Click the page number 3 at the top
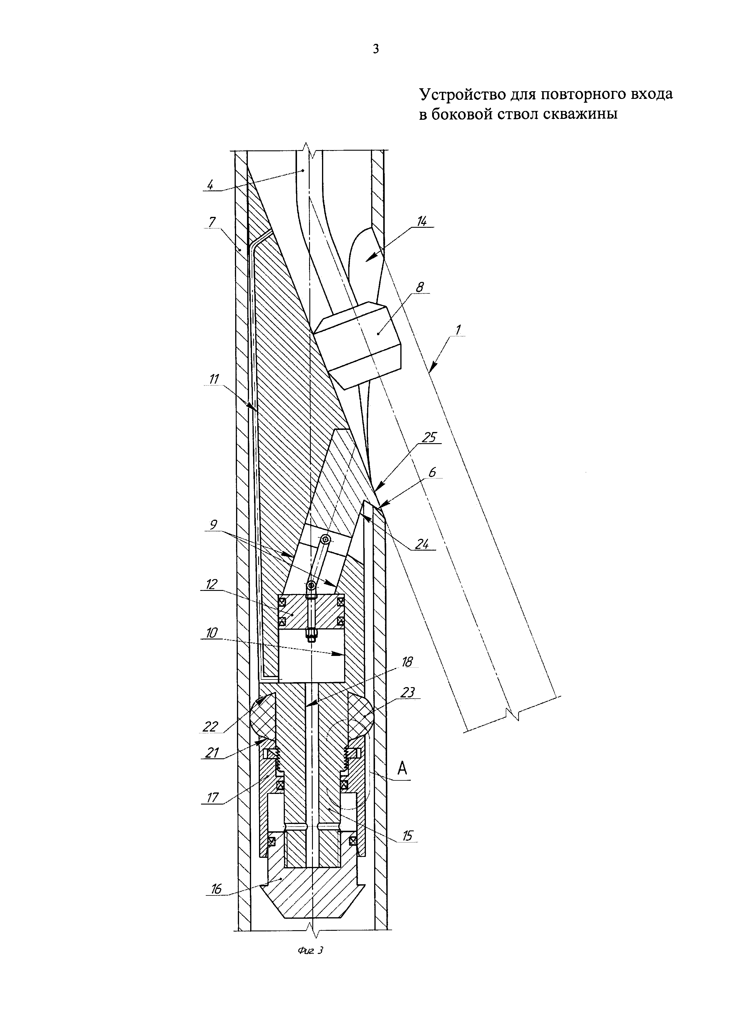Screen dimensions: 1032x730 pyautogui.click(x=376, y=49)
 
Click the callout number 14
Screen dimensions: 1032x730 pyautogui.click(x=422, y=221)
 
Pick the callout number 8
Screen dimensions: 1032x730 pyautogui.click(x=419, y=287)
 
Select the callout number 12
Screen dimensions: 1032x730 pyautogui.click(x=212, y=584)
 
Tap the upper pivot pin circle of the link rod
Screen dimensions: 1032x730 pyautogui.click(x=326, y=539)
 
